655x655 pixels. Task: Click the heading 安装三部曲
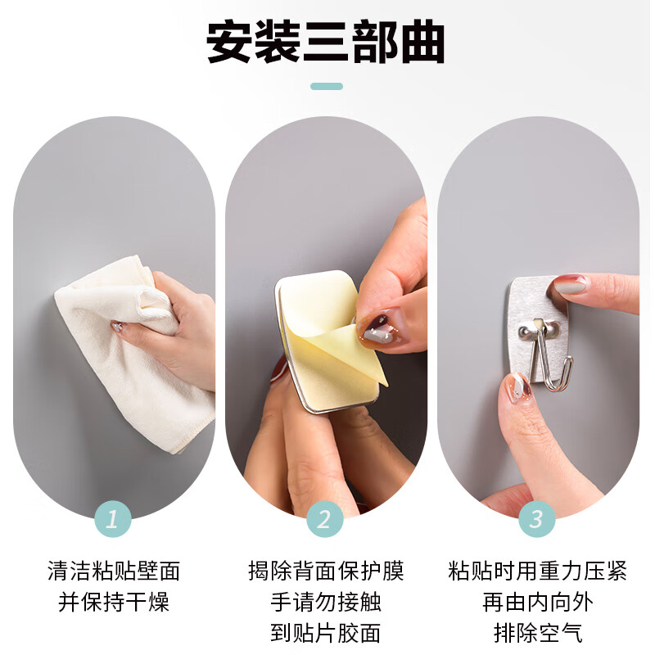[x=326, y=42]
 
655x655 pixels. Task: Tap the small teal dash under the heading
[x=327, y=86]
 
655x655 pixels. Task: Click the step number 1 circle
[x=114, y=518]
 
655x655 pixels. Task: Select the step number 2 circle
[x=325, y=518]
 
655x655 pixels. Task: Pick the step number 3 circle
[x=537, y=518]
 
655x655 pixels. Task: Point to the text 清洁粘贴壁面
[x=114, y=571]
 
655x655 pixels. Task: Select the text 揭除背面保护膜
[x=326, y=571]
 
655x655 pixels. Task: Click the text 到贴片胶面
[x=326, y=632]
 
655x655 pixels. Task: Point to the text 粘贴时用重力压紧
[x=538, y=571]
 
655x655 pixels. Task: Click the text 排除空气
[x=538, y=632]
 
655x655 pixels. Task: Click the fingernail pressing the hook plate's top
[x=571, y=284]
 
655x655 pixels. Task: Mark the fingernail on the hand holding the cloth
[x=118, y=327]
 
